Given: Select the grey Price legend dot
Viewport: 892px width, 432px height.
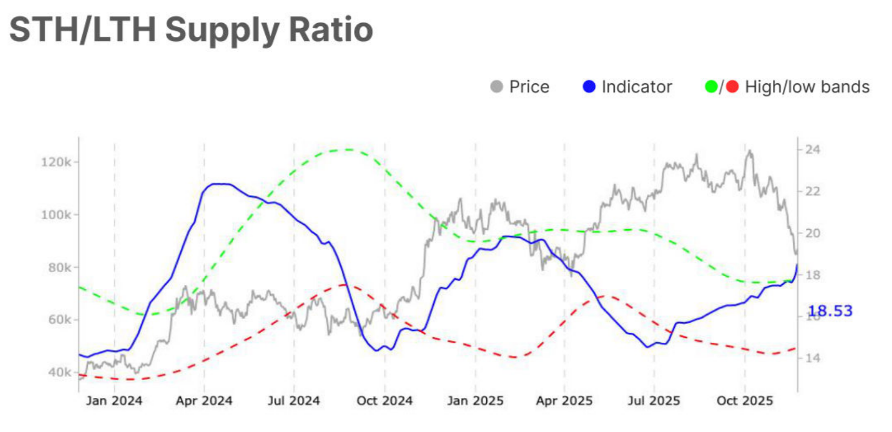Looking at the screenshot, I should tap(496, 87).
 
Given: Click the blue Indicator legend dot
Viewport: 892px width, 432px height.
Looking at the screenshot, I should tap(589, 87).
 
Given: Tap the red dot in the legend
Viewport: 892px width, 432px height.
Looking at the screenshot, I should tap(732, 87).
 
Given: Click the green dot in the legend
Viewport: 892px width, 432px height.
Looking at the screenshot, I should tap(711, 87).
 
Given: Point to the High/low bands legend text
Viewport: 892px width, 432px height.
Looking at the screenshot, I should tap(807, 87).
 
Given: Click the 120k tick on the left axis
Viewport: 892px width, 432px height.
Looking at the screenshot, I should tap(56, 162).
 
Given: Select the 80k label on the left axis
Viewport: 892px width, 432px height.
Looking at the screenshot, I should tap(59, 267).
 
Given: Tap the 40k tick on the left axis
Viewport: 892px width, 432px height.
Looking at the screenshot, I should tap(59, 372).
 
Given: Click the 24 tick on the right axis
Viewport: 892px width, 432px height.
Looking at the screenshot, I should tap(812, 149).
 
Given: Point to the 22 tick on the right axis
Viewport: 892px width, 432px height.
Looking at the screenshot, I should tap(812, 191).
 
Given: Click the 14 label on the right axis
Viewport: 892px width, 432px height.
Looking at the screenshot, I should tap(812, 358).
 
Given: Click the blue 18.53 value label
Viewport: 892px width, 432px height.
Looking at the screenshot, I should tap(830, 311).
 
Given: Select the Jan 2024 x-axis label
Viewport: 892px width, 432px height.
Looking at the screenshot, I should tap(114, 401).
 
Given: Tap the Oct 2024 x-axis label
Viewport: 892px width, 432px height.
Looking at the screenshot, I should tap(384, 401).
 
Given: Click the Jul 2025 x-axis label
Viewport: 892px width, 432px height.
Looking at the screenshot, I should tap(653, 401).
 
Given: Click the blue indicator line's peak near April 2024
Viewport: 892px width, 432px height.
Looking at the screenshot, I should tap(219, 184).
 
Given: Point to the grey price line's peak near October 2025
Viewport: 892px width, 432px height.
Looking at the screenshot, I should tap(749, 150).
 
